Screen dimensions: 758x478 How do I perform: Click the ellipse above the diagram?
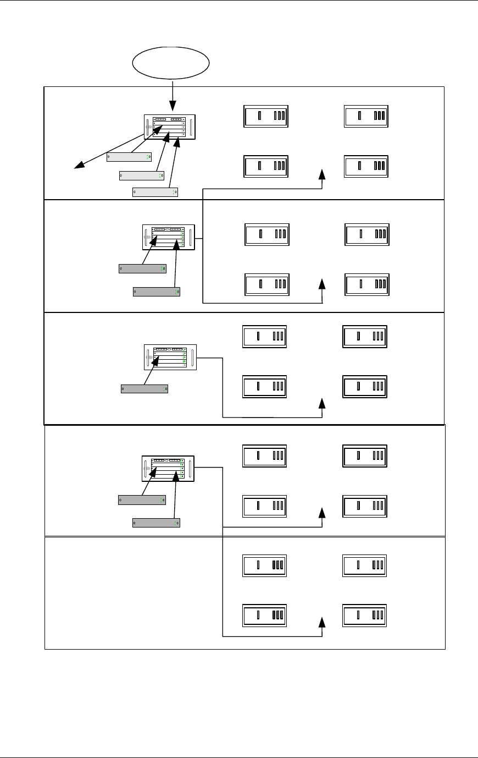click(x=171, y=64)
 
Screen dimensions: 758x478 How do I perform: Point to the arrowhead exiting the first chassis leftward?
click(x=79, y=164)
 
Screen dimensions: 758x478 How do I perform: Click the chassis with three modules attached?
click(x=170, y=127)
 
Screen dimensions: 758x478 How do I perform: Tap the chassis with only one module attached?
click(x=170, y=357)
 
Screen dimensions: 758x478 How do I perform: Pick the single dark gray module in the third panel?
click(x=144, y=389)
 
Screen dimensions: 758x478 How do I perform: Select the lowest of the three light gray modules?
click(x=155, y=192)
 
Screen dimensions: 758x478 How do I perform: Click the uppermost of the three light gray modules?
click(x=129, y=157)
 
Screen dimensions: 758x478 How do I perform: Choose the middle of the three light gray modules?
click(x=142, y=175)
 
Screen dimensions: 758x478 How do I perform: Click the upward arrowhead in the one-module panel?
click(x=322, y=404)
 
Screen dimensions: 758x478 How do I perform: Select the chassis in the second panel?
click(x=169, y=238)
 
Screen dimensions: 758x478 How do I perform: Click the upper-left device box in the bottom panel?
click(x=264, y=565)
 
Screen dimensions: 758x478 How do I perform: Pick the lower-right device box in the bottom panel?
click(x=364, y=615)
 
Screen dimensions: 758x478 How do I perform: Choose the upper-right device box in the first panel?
click(x=366, y=116)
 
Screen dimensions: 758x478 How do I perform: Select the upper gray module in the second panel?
click(x=142, y=268)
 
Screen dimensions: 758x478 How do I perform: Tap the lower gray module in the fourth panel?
click(x=157, y=523)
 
